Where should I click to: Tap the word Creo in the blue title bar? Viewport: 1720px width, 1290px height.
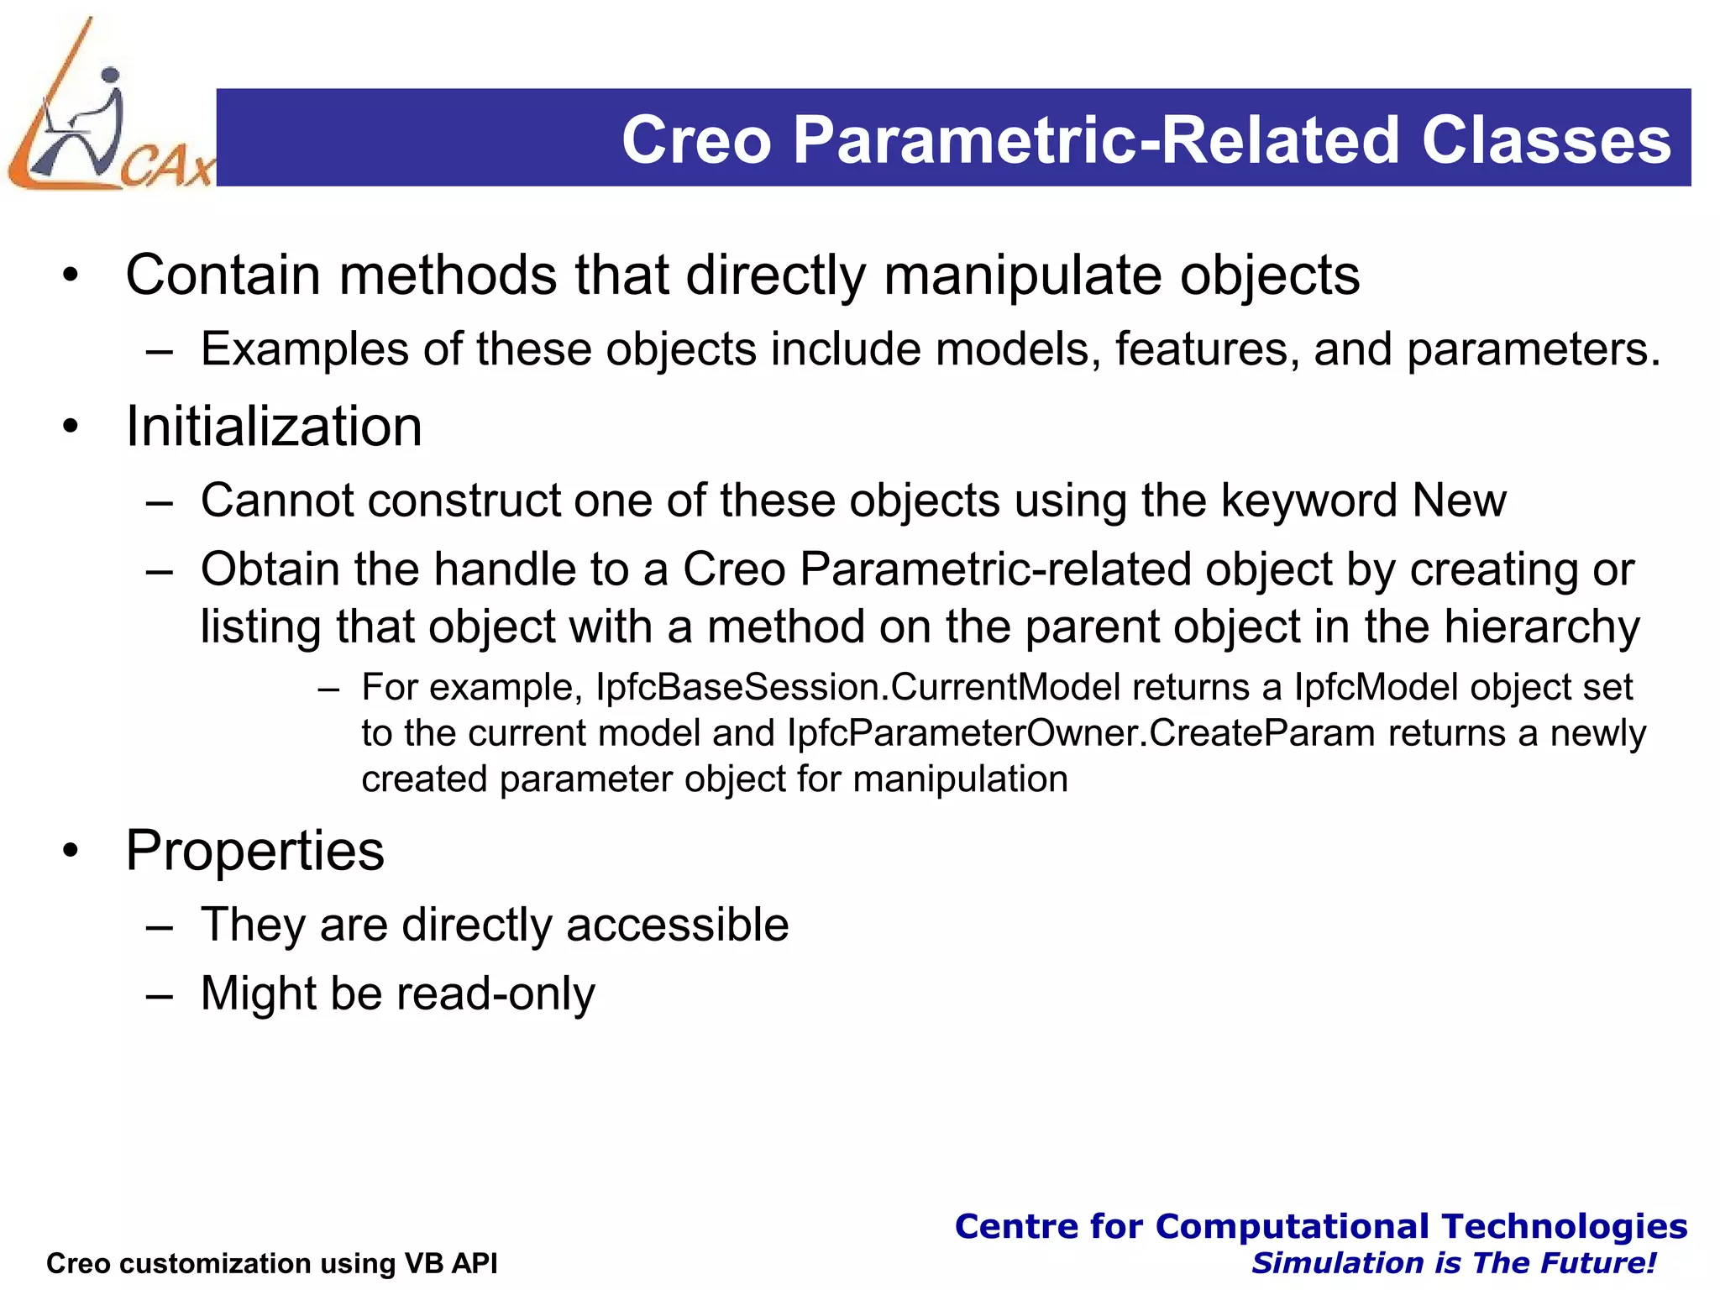(696, 139)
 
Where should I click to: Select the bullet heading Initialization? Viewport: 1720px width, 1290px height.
(274, 427)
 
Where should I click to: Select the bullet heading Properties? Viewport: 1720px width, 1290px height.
(254, 851)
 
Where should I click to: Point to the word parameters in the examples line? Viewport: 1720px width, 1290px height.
(1533, 349)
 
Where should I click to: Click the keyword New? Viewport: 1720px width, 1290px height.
(1459, 501)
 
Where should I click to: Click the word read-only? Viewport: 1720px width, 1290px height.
(496, 994)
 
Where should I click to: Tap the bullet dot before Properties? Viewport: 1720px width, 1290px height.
(71, 852)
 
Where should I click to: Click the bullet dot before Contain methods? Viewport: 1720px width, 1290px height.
(71, 275)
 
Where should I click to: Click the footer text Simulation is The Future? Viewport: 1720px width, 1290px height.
(1453, 1263)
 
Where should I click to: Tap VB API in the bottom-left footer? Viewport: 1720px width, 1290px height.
(451, 1263)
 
